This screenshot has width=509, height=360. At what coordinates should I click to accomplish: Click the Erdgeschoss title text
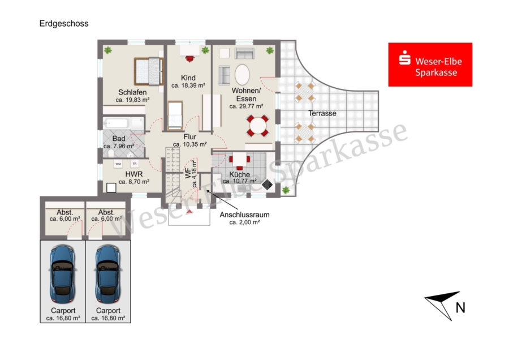click(64, 24)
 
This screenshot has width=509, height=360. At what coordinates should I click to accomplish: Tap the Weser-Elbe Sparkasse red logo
click(430, 65)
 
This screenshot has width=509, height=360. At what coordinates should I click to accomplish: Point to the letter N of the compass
click(460, 308)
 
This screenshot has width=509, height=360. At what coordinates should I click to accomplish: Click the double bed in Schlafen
click(149, 71)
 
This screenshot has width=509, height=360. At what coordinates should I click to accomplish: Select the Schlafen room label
click(132, 92)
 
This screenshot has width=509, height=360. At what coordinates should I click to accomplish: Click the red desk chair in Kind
click(189, 58)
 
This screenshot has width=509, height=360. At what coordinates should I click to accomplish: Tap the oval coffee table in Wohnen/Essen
click(242, 74)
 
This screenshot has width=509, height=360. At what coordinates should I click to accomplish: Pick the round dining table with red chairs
click(258, 126)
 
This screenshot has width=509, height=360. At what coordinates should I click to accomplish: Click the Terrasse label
click(322, 113)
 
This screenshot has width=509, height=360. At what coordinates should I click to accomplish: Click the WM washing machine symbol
click(118, 164)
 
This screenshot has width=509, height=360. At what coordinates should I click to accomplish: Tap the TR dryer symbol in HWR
click(135, 164)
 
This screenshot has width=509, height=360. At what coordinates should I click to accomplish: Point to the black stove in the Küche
click(267, 185)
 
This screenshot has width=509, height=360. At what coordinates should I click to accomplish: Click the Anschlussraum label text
click(244, 215)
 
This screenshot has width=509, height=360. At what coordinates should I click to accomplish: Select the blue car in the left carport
click(63, 273)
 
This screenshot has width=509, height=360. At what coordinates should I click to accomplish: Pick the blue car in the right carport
click(108, 273)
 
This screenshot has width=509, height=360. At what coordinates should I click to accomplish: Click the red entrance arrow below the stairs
click(189, 212)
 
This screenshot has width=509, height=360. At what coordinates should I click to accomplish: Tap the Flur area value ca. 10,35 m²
click(190, 144)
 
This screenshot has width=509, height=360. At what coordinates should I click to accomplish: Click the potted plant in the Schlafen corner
click(108, 50)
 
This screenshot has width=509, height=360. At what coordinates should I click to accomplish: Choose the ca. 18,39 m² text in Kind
click(188, 85)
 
